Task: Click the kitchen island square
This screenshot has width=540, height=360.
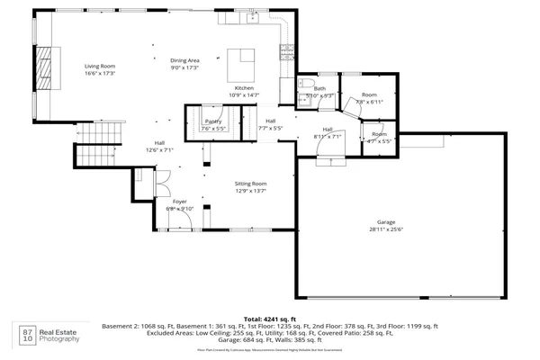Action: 241,60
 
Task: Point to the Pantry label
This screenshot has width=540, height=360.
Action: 213,124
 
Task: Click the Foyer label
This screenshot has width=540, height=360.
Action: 180,204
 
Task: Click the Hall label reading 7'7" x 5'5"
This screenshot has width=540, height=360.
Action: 270,124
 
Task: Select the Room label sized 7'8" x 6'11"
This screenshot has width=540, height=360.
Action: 369,98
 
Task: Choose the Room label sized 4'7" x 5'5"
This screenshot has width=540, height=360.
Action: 379,137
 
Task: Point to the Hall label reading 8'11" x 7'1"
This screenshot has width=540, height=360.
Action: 328,132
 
